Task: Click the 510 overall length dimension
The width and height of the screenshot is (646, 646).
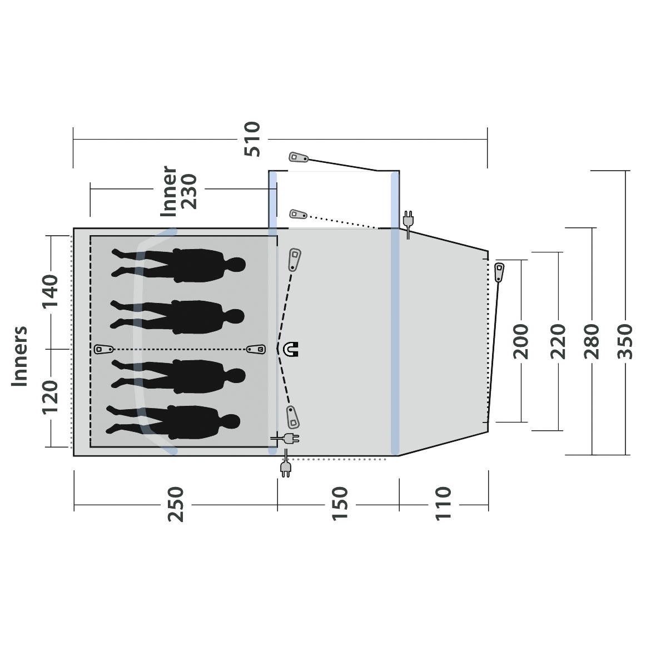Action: click(x=252, y=139)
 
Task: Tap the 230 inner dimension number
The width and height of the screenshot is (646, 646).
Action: click(x=190, y=192)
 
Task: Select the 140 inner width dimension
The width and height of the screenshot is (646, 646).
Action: click(x=50, y=292)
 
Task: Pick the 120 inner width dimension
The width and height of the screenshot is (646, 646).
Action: click(x=50, y=397)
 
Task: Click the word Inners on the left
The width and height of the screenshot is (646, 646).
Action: click(x=19, y=356)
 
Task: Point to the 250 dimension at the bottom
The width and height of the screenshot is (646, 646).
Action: click(x=176, y=504)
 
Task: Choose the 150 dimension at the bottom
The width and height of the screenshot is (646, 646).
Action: click(x=340, y=504)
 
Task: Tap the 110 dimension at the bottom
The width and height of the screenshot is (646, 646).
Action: click(x=443, y=504)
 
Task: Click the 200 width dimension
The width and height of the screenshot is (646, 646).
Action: click(x=521, y=341)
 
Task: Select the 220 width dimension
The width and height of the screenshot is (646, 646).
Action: click(x=559, y=341)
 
